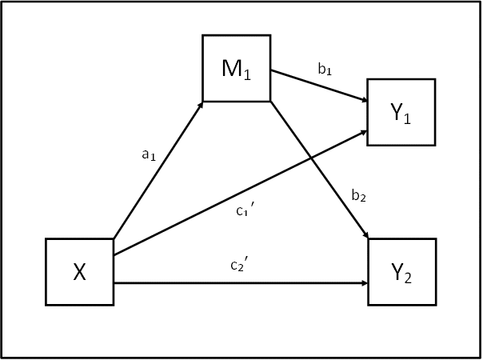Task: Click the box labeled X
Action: [x=80, y=272]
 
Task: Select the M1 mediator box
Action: [x=236, y=68]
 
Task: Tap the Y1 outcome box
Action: [x=401, y=112]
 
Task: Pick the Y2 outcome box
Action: [x=401, y=272]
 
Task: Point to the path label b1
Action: [x=325, y=70]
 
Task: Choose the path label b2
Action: [x=358, y=195]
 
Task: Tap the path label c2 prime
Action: [x=238, y=265]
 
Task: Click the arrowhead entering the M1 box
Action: [x=199, y=105]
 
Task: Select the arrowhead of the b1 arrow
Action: [x=363, y=101]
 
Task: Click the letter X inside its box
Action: [x=80, y=273]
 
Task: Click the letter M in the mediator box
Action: [x=232, y=68]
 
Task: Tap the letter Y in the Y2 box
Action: [x=397, y=272]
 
